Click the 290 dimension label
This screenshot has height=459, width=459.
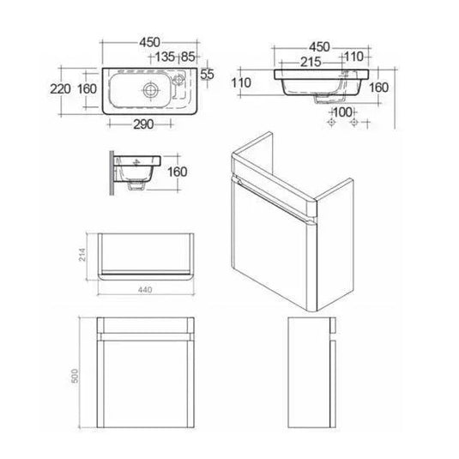click(143, 124)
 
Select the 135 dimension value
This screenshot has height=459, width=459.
click(165, 57)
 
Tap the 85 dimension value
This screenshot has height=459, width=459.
click(188, 57)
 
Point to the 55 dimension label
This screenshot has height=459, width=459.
click(208, 75)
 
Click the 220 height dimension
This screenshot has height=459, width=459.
click(60, 89)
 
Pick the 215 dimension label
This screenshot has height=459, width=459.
click(311, 62)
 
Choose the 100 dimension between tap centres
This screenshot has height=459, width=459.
click(343, 112)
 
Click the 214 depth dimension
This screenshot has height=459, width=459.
click(82, 255)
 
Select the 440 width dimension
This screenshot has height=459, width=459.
click(145, 289)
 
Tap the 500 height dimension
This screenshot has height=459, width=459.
click(75, 376)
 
